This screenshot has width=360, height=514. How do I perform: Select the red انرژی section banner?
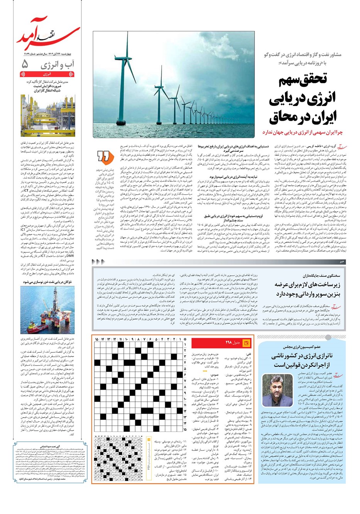[48, 73]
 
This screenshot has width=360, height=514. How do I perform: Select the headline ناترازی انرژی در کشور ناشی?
[305, 361]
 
